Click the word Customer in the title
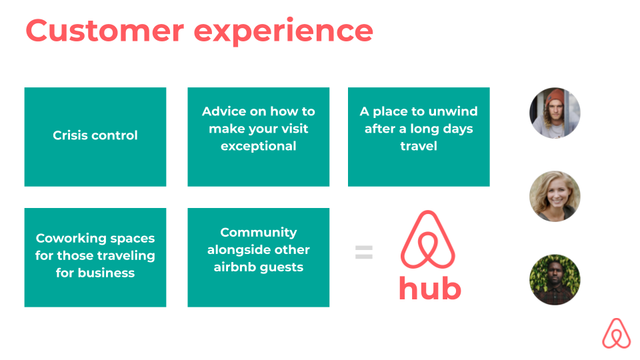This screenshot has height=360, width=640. click(x=105, y=31)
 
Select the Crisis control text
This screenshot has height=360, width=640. click(x=95, y=135)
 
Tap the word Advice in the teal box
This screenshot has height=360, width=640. click(x=224, y=111)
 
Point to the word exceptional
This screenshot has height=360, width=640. click(x=259, y=146)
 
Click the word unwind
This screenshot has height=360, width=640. click(x=453, y=111)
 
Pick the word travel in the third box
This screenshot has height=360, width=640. click(x=419, y=146)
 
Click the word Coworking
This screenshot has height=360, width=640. click(x=71, y=239)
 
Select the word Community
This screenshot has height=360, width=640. click(x=259, y=233)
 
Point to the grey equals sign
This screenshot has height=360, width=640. click(x=364, y=252)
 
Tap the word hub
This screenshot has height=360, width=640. click(x=430, y=288)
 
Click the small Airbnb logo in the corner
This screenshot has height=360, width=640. click(x=616, y=333)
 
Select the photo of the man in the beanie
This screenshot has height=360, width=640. click(x=555, y=113)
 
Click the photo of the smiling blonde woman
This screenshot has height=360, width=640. click(x=555, y=196)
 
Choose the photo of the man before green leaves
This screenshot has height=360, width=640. click(x=555, y=279)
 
